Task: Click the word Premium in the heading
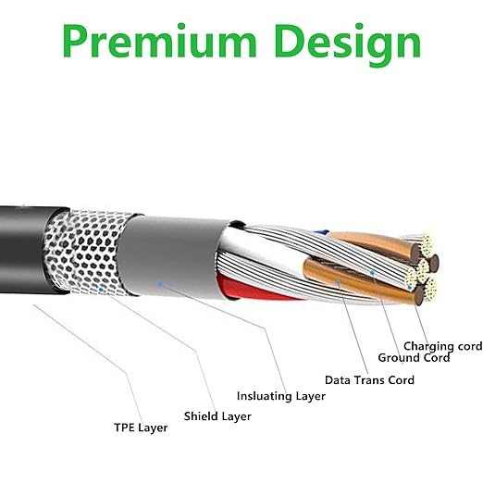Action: tap(159, 41)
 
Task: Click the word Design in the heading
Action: tap(347, 44)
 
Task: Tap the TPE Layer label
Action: tap(141, 427)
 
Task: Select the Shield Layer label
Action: tap(217, 416)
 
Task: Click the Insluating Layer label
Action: tap(281, 396)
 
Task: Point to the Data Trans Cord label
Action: tap(369, 380)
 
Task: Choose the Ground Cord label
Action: tap(414, 358)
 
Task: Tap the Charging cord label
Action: tap(443, 346)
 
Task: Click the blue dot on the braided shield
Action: tap(101, 290)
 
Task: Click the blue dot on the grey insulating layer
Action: tap(160, 284)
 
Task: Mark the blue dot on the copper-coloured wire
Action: tap(338, 282)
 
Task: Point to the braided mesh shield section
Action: tap(88, 252)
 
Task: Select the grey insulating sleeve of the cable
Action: tap(173, 257)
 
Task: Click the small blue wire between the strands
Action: tap(321, 232)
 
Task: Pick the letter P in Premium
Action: tap(75, 41)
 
